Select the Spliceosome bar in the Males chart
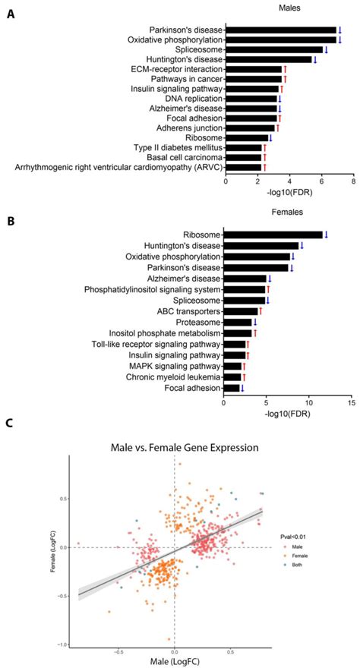(274, 49)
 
